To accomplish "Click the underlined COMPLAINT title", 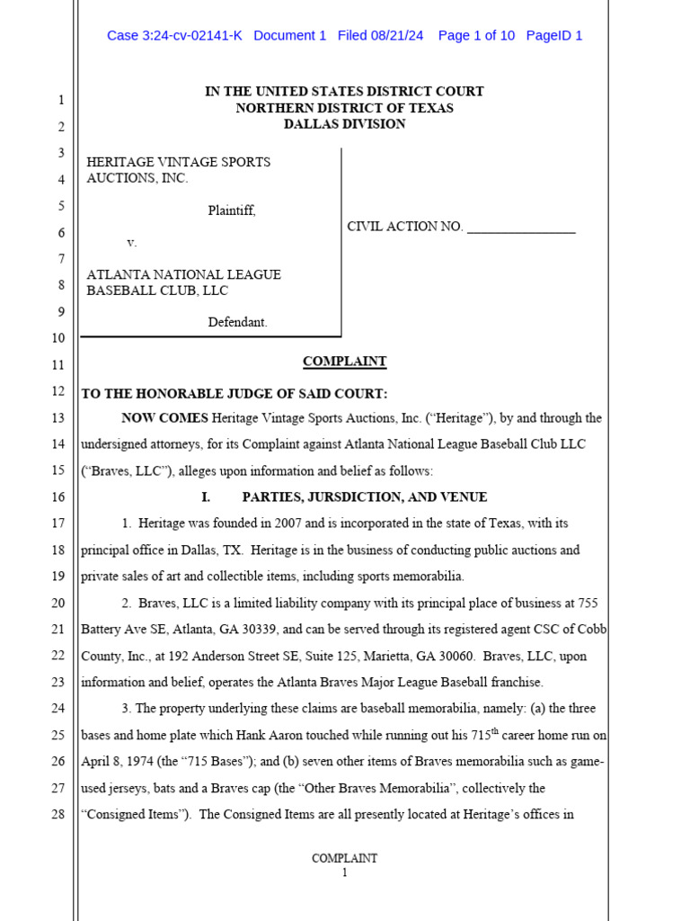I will pos(344,362).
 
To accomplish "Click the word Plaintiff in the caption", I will pos(231,211).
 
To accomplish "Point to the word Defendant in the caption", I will pos(237,322).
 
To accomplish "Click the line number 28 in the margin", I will pos(57,815).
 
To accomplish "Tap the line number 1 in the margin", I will pos(60,101).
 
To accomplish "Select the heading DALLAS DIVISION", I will pos(344,124).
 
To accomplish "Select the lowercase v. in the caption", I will pos(131,243).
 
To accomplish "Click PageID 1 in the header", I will pos(554,36).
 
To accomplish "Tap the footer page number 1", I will pos(344,872).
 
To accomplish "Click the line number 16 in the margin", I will pos(57,497).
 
